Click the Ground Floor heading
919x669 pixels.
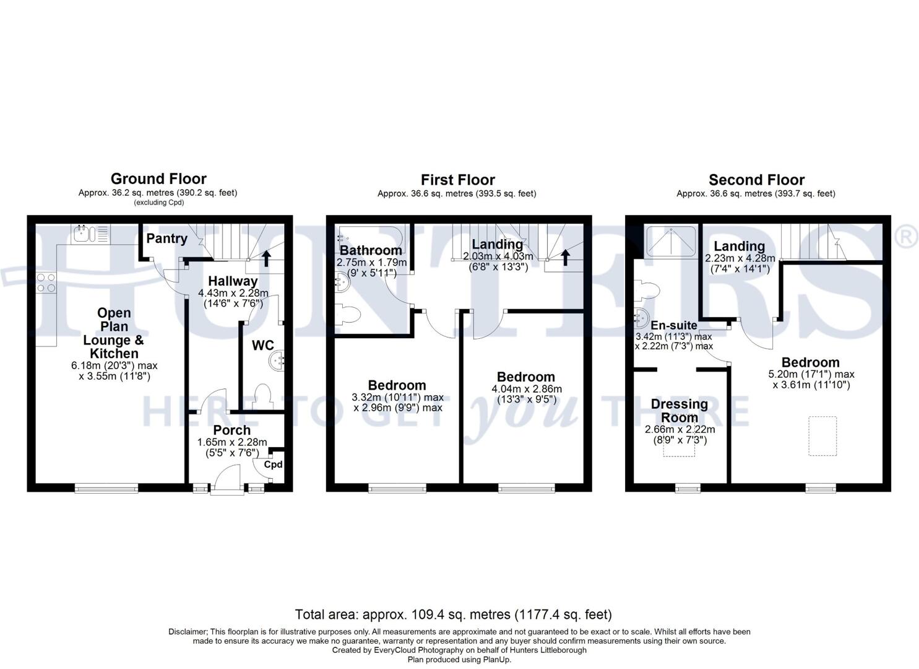pos(158,179)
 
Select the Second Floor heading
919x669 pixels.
pos(756,180)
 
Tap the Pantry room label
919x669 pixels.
pos(166,238)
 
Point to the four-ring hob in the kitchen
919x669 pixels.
pos(46,282)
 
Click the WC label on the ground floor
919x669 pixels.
pos(262,346)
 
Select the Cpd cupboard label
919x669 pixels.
pos(273,465)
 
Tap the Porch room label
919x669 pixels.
pos(232,430)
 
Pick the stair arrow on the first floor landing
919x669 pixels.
pos(565,257)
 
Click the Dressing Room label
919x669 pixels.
pos(680,411)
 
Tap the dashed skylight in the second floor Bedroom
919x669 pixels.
pos(822,436)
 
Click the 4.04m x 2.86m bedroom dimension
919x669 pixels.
pos(526,389)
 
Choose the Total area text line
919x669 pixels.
pos(453,614)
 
